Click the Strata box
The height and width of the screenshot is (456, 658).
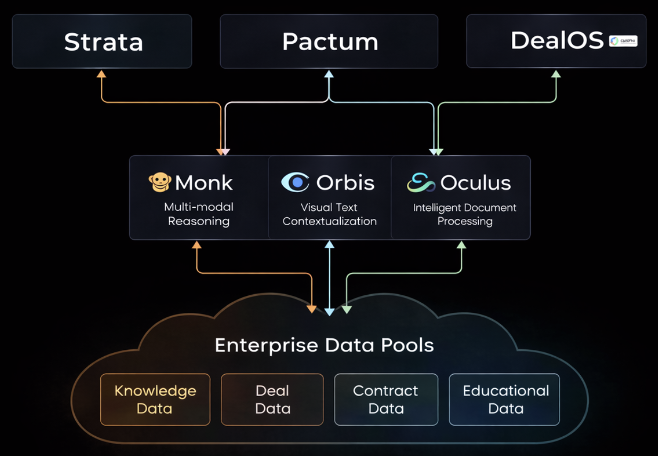[102, 42]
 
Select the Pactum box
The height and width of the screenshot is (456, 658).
[329, 42]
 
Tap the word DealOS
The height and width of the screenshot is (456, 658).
[557, 41]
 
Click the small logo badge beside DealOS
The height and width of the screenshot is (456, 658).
[623, 41]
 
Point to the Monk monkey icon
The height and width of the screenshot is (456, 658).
[159, 183]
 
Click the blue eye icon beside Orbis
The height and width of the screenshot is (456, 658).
[295, 182]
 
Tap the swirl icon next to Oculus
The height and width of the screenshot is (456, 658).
[421, 183]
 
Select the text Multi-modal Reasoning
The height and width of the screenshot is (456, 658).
[198, 214]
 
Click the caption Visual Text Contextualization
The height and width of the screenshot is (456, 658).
[330, 214]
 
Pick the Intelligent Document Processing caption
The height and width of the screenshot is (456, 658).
[464, 214]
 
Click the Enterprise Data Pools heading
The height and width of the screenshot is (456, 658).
[324, 345]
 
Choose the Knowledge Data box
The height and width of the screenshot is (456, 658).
[155, 399]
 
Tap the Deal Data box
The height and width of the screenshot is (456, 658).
[272, 399]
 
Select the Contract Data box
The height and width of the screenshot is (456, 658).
[386, 399]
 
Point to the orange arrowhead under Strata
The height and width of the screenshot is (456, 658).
[101, 74]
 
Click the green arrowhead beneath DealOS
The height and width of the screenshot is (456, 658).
[556, 74]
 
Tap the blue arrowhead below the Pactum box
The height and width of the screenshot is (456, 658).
[329, 74]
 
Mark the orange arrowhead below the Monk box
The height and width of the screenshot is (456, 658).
[197, 245]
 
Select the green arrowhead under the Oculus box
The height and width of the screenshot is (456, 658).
[462, 245]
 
